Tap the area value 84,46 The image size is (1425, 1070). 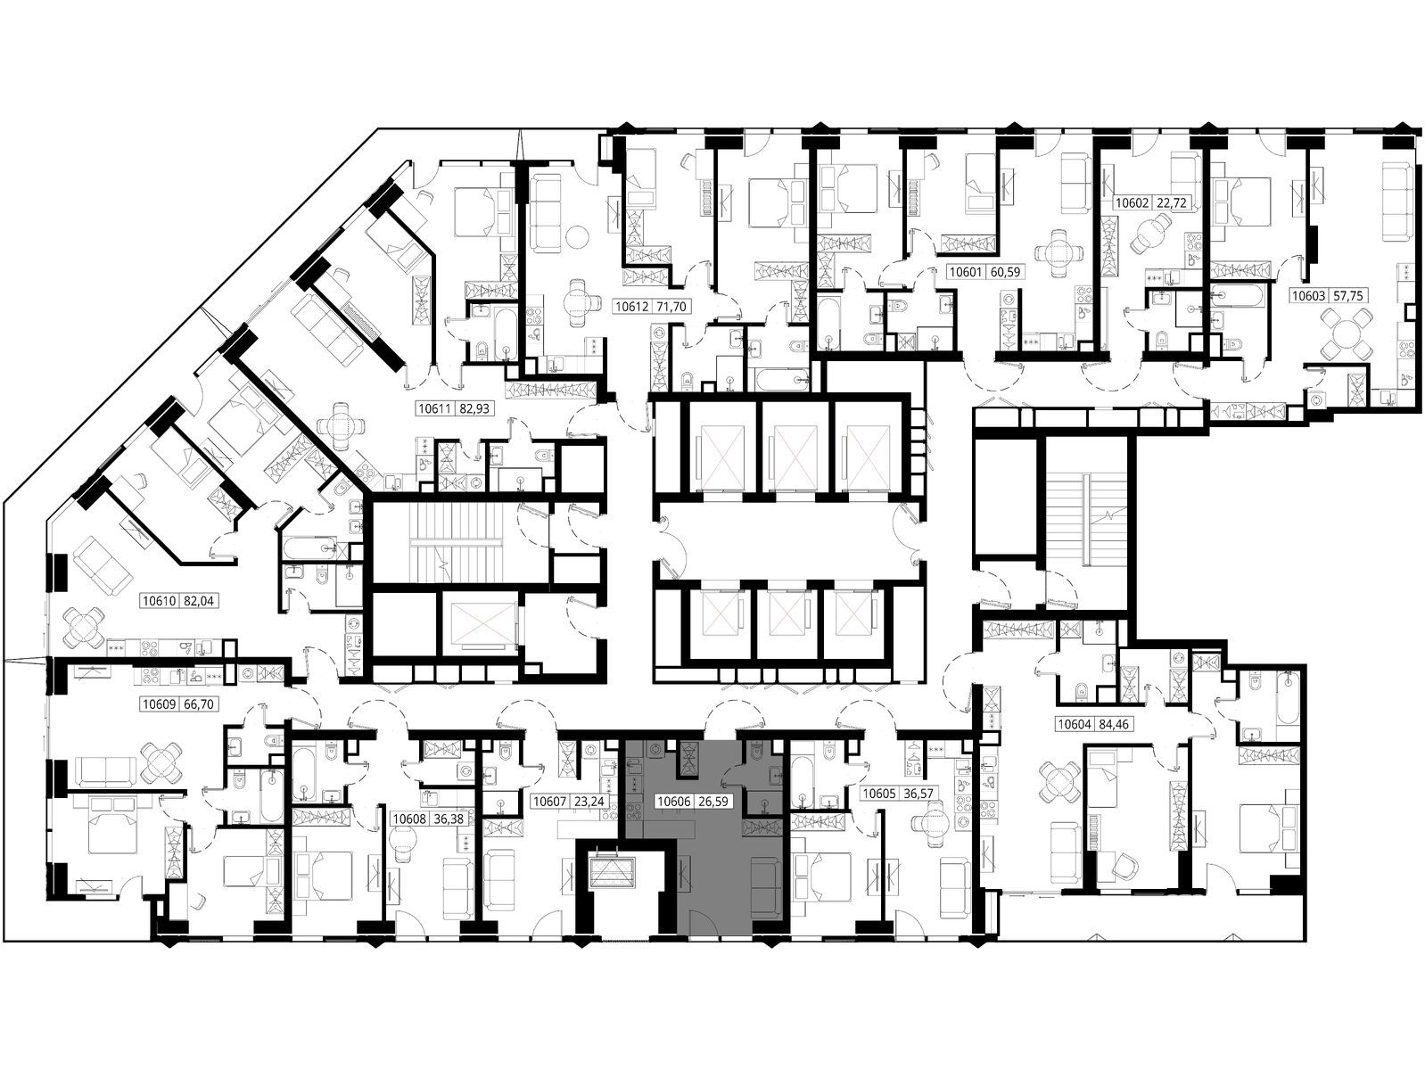click(1114, 724)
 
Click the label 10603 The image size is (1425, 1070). click(1309, 296)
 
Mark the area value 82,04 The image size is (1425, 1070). click(200, 601)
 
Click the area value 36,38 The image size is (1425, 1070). click(449, 819)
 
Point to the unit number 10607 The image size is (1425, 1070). click(550, 802)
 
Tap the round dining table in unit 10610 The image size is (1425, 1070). click(83, 627)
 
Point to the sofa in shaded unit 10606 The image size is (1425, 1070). click(766, 887)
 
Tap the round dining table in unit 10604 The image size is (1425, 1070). click(1058, 783)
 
